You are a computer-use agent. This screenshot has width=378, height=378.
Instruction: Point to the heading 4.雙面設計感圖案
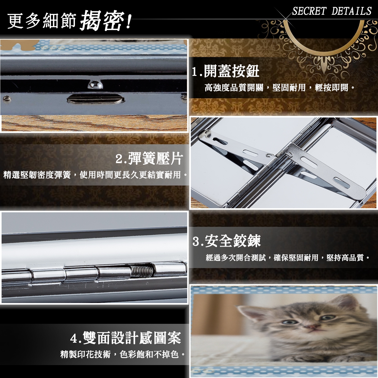click(x=126, y=338)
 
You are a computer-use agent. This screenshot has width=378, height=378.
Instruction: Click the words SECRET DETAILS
click(x=332, y=11)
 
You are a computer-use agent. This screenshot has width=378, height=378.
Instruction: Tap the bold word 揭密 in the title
click(x=102, y=21)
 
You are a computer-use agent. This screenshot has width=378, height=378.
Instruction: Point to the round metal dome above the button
click(x=95, y=84)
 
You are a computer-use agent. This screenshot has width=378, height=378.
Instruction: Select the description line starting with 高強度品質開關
click(x=280, y=88)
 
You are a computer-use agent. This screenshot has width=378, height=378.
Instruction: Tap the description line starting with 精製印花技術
click(x=123, y=355)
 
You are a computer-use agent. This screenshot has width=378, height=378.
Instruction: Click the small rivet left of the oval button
click(x=7, y=99)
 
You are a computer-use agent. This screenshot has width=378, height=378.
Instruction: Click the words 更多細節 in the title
click(x=42, y=21)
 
